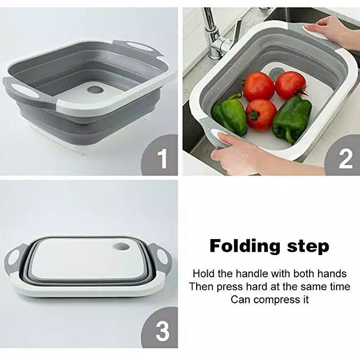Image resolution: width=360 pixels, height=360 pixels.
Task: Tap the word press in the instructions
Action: [229, 287]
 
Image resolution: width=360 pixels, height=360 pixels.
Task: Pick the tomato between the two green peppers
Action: [261, 113]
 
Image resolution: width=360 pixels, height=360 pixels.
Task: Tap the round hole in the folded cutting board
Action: [121, 247]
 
